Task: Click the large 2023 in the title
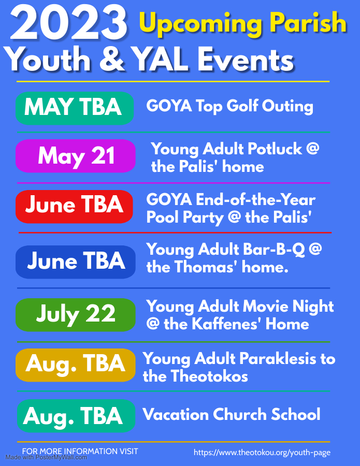click(69, 23)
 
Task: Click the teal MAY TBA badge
click(74, 108)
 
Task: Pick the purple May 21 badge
click(76, 156)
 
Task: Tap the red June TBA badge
click(74, 207)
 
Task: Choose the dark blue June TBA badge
click(76, 262)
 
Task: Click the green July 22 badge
click(76, 315)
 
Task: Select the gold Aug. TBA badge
click(76, 365)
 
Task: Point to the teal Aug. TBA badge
click(76, 416)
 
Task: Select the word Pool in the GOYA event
click(163, 217)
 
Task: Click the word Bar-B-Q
click(274, 250)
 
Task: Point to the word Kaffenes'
click(226, 324)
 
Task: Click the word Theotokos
click(209, 376)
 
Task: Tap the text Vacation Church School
click(231, 414)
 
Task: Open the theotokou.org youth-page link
click(262, 453)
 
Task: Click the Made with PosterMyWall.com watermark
click(46, 458)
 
